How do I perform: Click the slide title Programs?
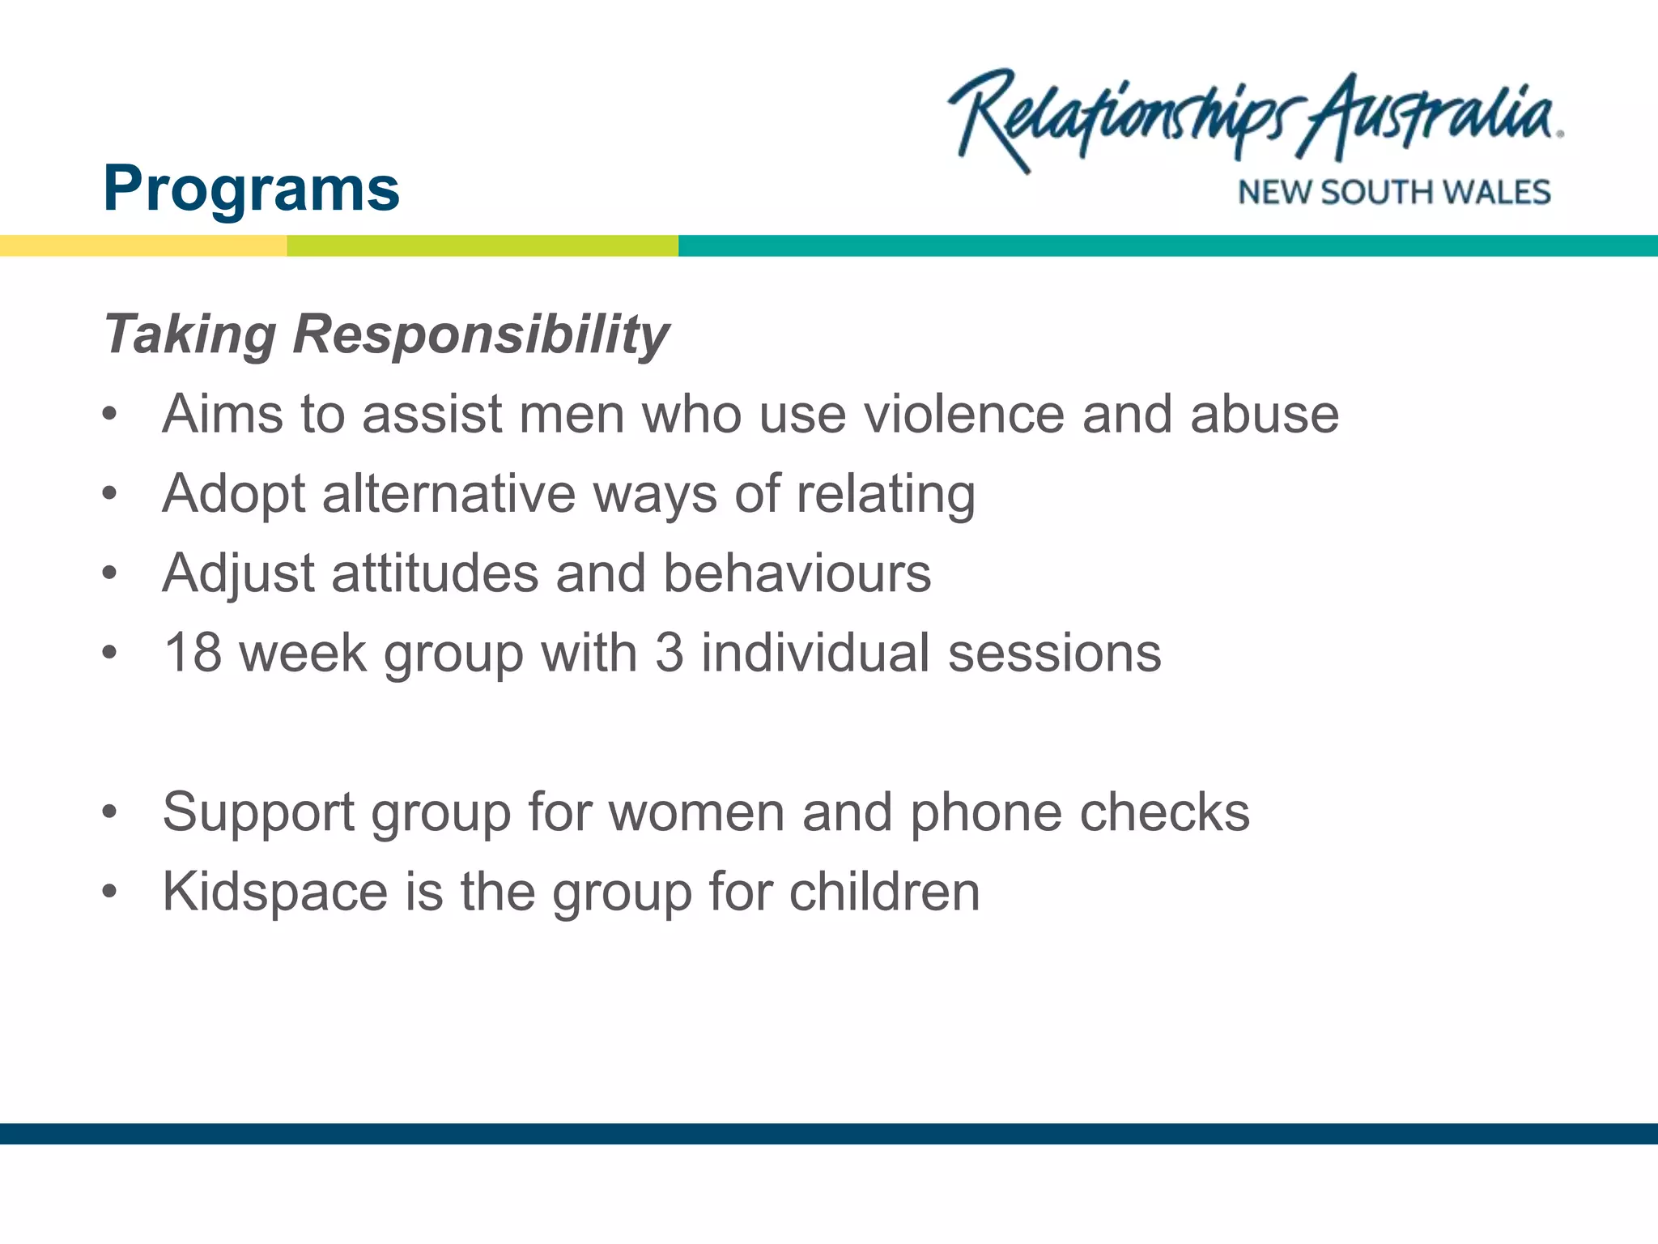click(x=251, y=189)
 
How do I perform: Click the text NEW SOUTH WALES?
click(x=1393, y=193)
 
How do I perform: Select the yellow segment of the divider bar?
click(x=142, y=245)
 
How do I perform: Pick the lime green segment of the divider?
click(x=483, y=245)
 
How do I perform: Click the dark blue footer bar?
click(x=829, y=1133)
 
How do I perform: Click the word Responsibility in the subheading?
click(x=481, y=334)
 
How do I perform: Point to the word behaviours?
click(x=797, y=573)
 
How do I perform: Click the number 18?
click(x=193, y=653)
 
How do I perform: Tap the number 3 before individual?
click(x=669, y=653)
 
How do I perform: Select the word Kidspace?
click(x=275, y=893)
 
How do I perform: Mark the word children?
click(x=884, y=893)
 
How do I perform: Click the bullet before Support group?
click(x=110, y=812)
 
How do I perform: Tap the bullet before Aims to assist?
click(x=110, y=415)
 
